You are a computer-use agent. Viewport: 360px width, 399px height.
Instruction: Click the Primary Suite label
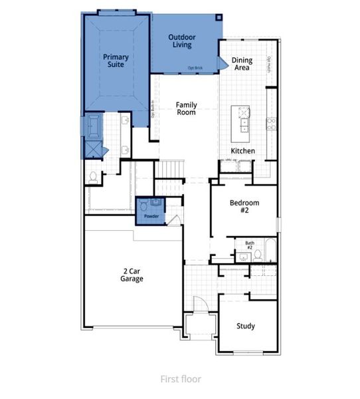pos(115,62)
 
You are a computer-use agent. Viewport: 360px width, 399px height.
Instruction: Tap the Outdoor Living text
pos(180,41)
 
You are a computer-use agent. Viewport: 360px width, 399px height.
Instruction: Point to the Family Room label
pos(186,108)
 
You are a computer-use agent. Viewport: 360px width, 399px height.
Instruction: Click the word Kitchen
pos(242,151)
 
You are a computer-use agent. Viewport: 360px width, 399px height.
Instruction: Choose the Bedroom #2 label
pos(244,207)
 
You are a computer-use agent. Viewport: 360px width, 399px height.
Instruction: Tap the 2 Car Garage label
pos(132,274)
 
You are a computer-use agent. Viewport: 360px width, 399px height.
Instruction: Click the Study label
pos(246,327)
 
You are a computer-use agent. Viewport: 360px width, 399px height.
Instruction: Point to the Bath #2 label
pos(249,245)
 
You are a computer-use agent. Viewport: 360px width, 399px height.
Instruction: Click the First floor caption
pos(180,379)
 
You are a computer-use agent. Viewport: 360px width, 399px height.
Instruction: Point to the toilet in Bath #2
pos(258,255)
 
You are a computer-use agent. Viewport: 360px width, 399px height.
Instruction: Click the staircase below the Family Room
pos(170,170)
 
